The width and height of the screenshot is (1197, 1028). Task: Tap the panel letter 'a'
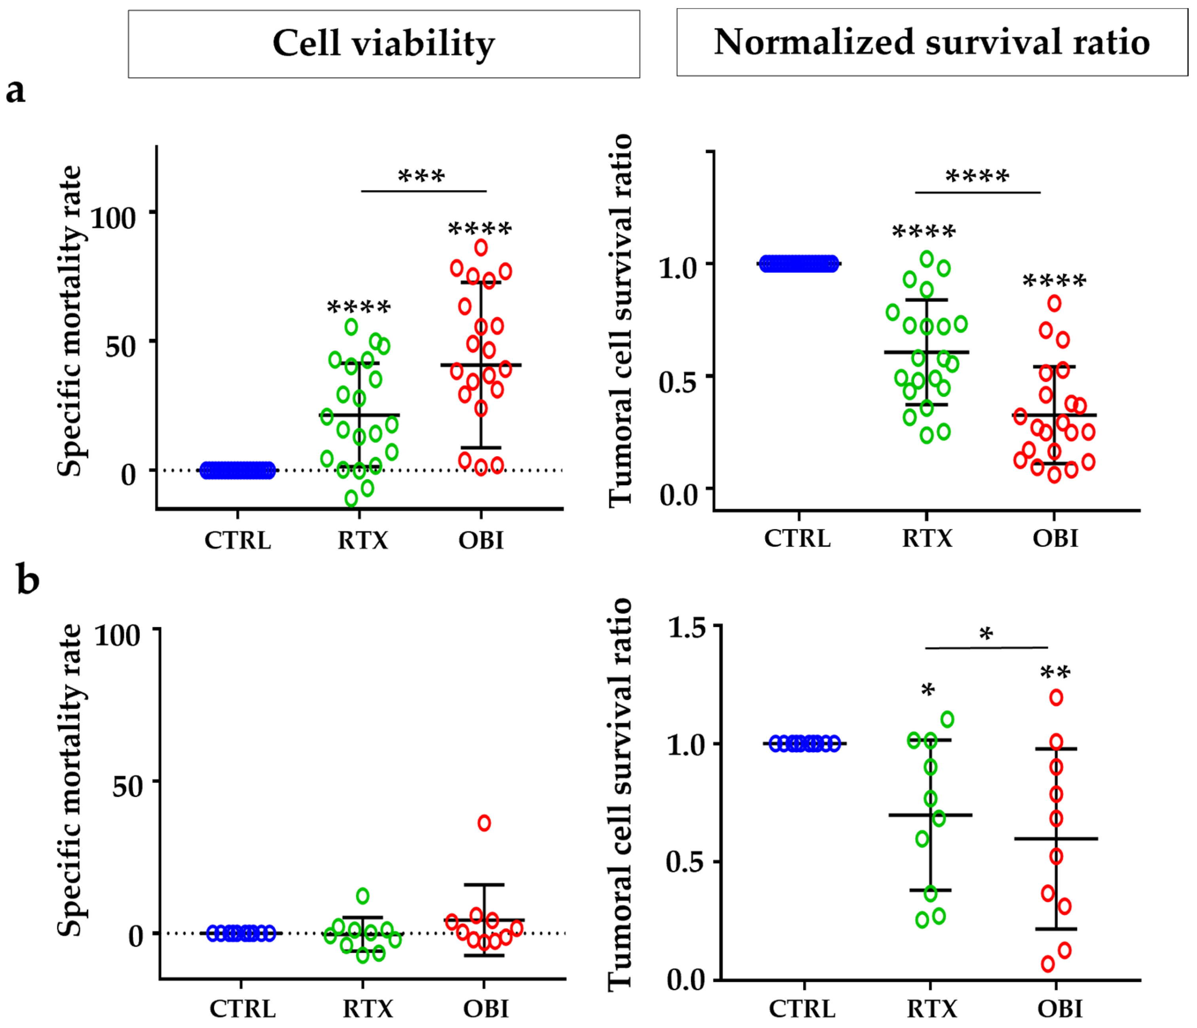15,91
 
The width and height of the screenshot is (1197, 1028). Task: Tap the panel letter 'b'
28,580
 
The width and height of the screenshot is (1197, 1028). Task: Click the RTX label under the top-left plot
363,541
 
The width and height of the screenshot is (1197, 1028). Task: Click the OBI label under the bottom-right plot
1060,1008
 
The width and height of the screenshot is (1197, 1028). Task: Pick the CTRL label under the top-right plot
797,538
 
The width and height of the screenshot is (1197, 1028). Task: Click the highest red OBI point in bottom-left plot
484,823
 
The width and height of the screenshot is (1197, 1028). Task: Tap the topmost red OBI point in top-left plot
481,248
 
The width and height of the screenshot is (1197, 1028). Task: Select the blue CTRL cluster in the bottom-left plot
241,933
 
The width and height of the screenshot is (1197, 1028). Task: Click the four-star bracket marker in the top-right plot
977,176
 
